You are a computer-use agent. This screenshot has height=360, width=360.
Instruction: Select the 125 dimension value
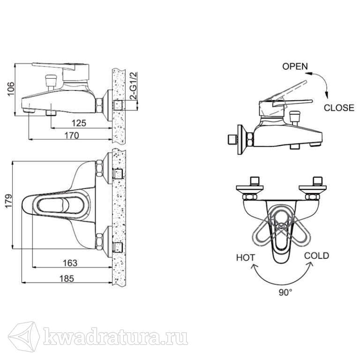(x=79, y=123)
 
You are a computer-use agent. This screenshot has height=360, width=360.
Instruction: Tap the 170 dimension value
(x=71, y=135)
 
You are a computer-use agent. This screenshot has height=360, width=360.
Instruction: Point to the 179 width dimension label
(x=8, y=201)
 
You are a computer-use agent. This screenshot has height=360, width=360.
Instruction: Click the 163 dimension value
(x=70, y=263)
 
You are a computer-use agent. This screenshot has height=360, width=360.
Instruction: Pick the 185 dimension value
(x=67, y=278)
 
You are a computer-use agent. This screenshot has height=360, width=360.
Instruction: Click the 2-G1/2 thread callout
(x=134, y=86)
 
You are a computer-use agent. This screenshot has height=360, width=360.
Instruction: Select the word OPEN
(x=295, y=67)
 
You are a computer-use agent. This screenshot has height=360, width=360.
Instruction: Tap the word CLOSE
(x=339, y=108)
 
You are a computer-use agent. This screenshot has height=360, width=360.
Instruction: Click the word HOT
(x=246, y=258)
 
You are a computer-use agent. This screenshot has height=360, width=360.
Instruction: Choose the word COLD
(x=316, y=256)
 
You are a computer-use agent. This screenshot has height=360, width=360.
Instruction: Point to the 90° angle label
(x=285, y=292)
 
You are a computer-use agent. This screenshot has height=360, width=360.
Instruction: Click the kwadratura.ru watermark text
(x=115, y=337)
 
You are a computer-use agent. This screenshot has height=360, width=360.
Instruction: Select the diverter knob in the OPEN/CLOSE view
(x=294, y=118)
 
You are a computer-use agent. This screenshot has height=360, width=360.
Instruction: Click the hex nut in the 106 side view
(x=99, y=105)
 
